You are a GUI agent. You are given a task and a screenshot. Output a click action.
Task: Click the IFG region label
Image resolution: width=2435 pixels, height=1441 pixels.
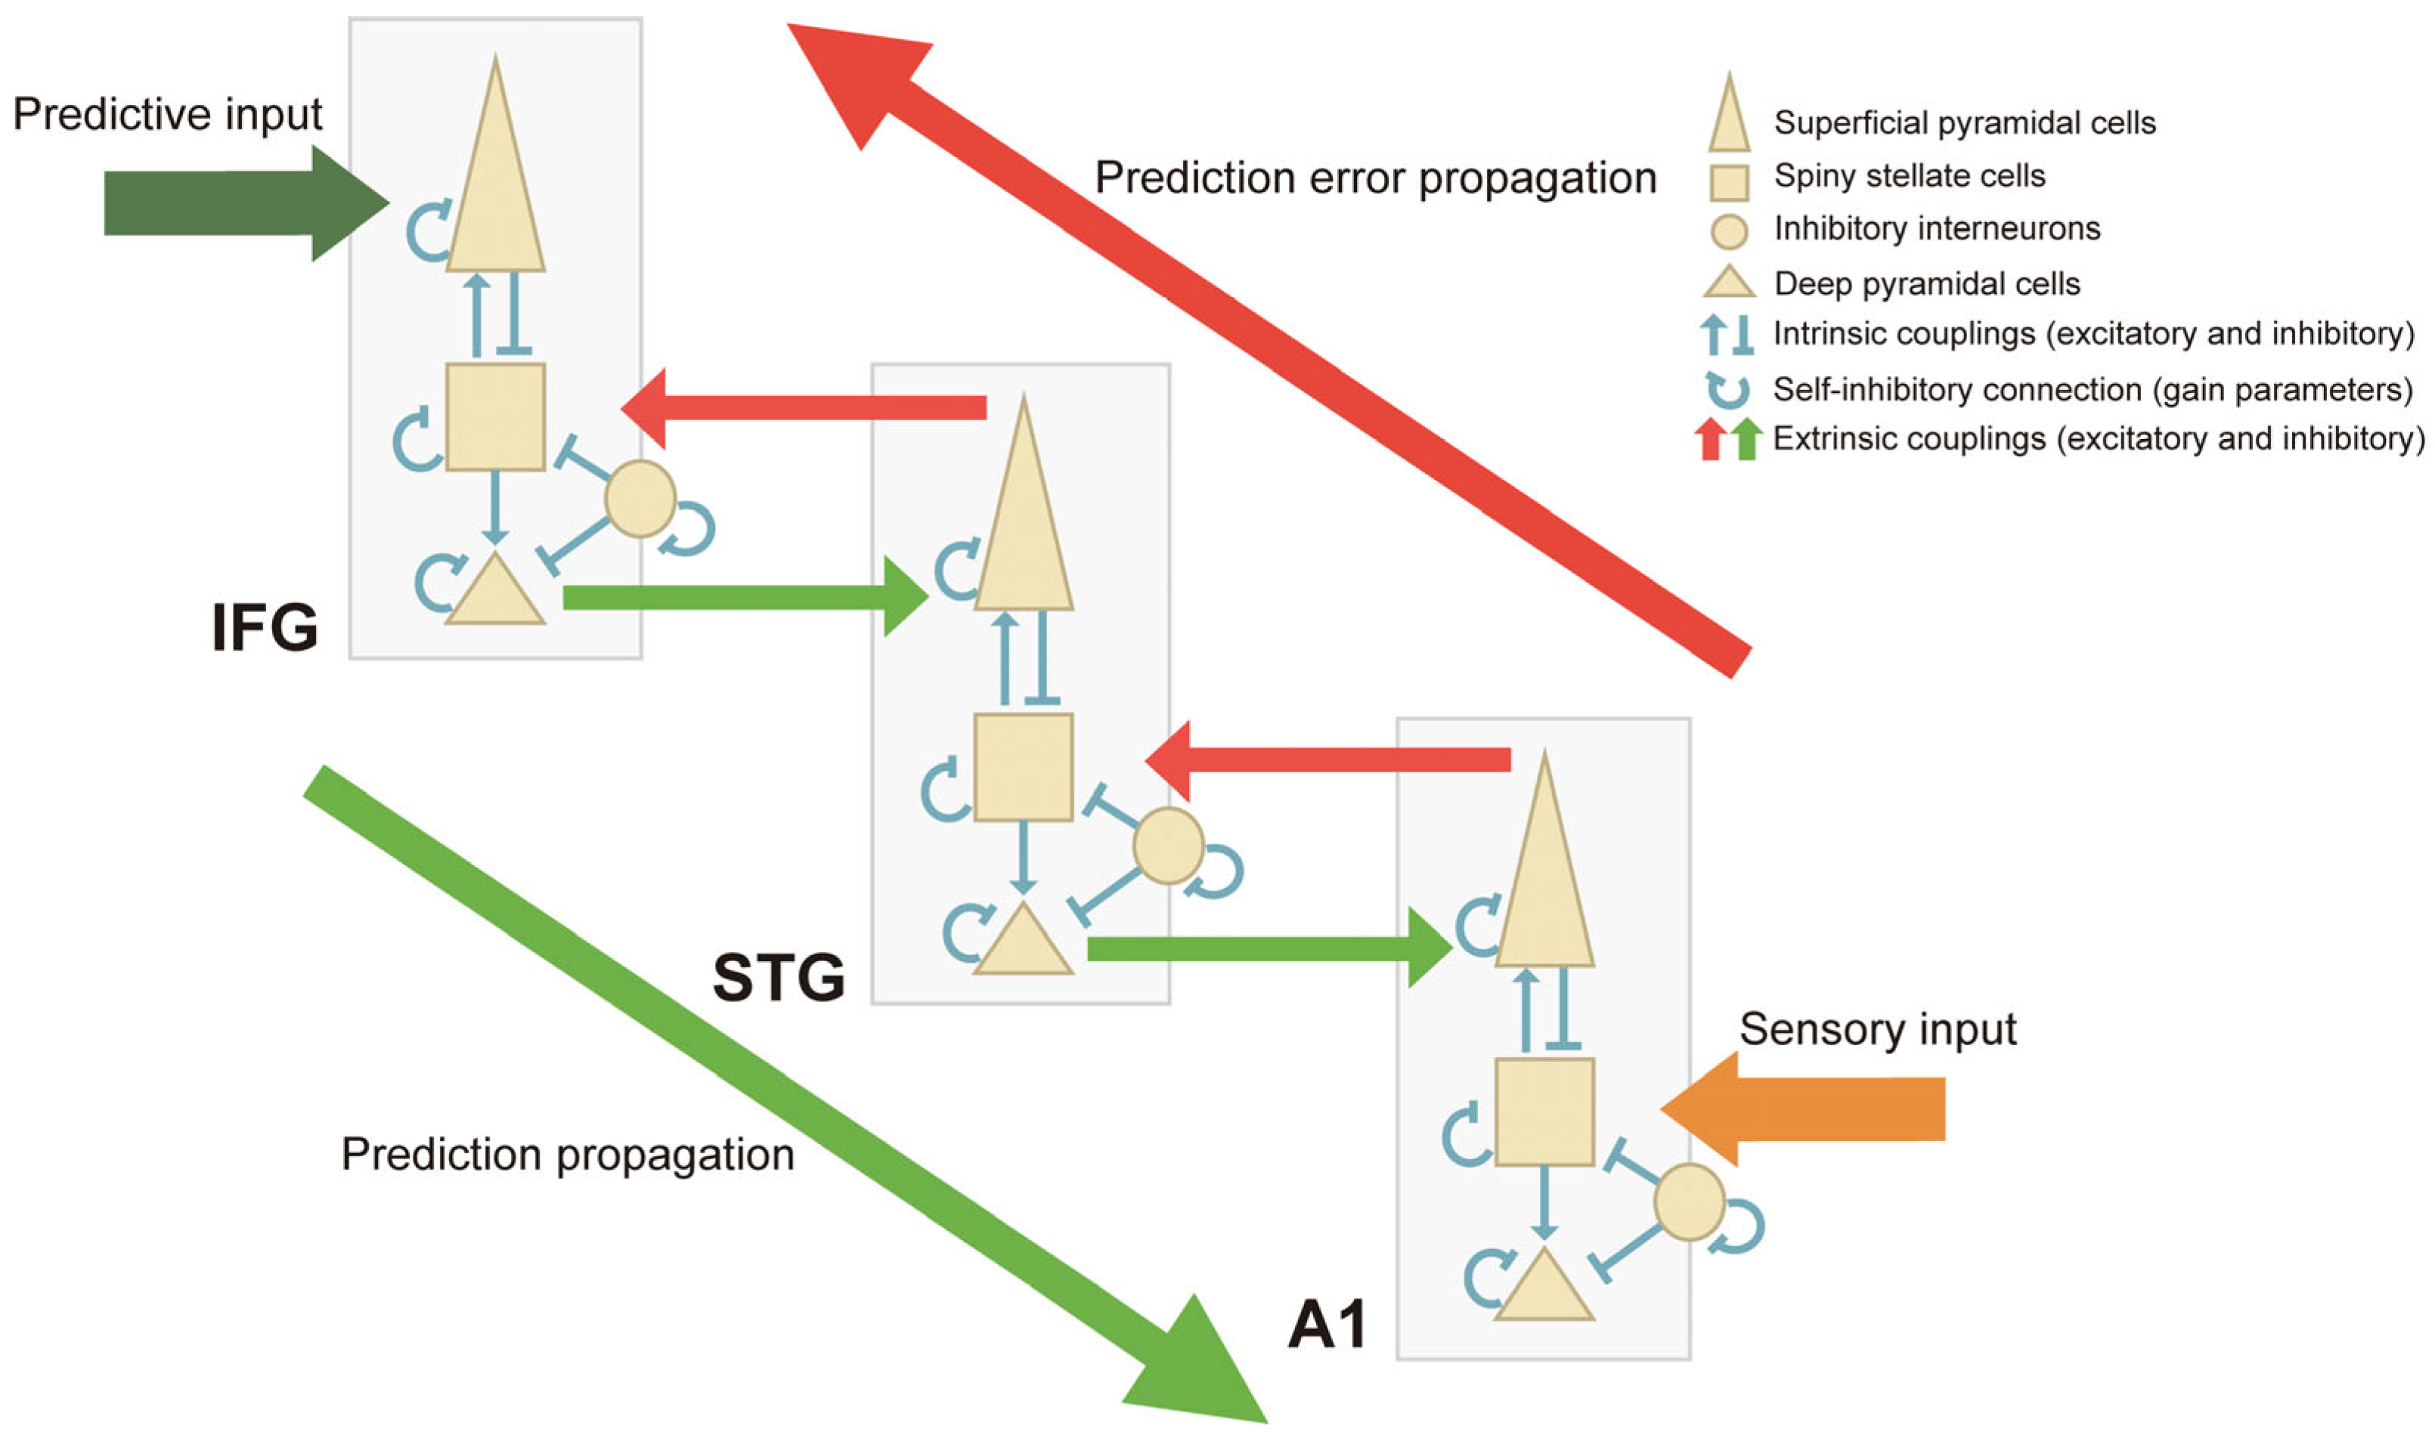pos(264,628)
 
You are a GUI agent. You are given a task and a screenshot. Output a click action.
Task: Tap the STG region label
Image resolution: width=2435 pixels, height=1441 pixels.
pos(779,977)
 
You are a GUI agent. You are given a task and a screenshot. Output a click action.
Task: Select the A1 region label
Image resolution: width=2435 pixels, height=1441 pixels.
pos(1327,1325)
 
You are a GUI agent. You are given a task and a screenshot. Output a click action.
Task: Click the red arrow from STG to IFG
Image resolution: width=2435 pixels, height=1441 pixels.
pos(806,408)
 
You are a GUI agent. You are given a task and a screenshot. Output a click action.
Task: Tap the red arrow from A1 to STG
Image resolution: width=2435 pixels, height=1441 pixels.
pos(1331,759)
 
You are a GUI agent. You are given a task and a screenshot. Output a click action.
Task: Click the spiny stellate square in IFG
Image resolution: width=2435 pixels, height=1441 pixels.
pos(495,418)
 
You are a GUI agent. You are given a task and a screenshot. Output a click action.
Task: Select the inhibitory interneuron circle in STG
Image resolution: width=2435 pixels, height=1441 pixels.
pos(1169,846)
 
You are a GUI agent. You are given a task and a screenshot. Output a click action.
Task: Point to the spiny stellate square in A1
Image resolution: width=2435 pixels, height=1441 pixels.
pos(1544,1112)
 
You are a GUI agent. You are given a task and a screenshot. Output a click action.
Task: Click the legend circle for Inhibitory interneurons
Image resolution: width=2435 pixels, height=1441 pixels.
pos(1729,231)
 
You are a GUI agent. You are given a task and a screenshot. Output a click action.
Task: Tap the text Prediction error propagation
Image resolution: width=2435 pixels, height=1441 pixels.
pos(1375,178)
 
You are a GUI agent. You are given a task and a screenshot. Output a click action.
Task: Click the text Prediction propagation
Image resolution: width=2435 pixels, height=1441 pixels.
pos(568,1155)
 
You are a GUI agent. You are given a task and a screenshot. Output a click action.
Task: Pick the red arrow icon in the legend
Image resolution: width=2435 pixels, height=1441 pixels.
pos(1711,439)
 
